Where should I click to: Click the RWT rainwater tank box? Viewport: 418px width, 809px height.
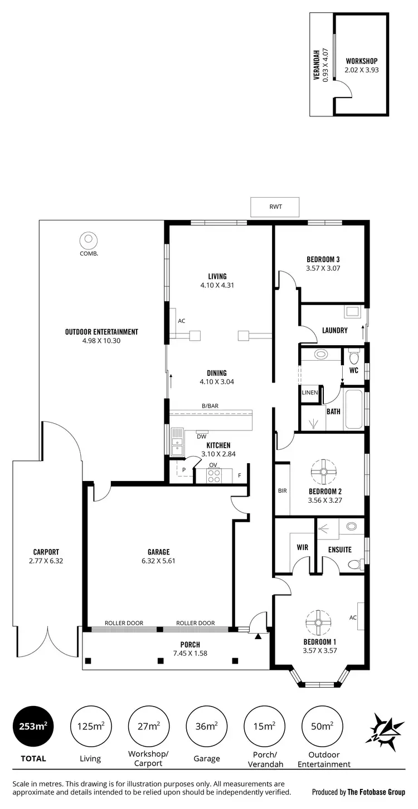275,207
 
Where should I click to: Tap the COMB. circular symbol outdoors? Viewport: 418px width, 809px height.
88,240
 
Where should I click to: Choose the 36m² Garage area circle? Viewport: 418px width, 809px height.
206,726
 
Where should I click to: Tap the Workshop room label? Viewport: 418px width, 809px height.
361,61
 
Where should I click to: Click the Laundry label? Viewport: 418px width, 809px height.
334,330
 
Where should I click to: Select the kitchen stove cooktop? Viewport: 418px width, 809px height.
213,475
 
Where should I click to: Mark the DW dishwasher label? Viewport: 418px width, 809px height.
201,437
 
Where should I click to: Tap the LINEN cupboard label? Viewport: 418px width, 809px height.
309,393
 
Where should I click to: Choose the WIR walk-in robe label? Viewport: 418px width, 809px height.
302,547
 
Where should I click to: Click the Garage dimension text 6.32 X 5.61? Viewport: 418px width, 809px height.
158,561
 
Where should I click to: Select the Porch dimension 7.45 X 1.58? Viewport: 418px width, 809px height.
190,653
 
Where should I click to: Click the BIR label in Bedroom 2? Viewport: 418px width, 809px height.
282,491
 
